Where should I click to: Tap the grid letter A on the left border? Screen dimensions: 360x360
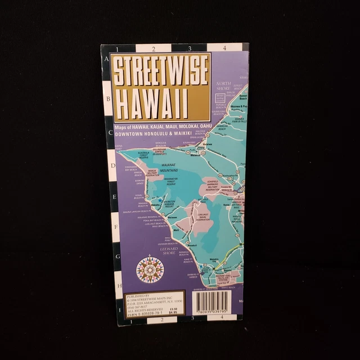tap(105, 58)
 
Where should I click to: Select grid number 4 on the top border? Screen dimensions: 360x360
tap(224, 48)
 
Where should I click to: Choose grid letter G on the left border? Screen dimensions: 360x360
tap(118, 256)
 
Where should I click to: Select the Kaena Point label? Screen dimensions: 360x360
tap(118, 147)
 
